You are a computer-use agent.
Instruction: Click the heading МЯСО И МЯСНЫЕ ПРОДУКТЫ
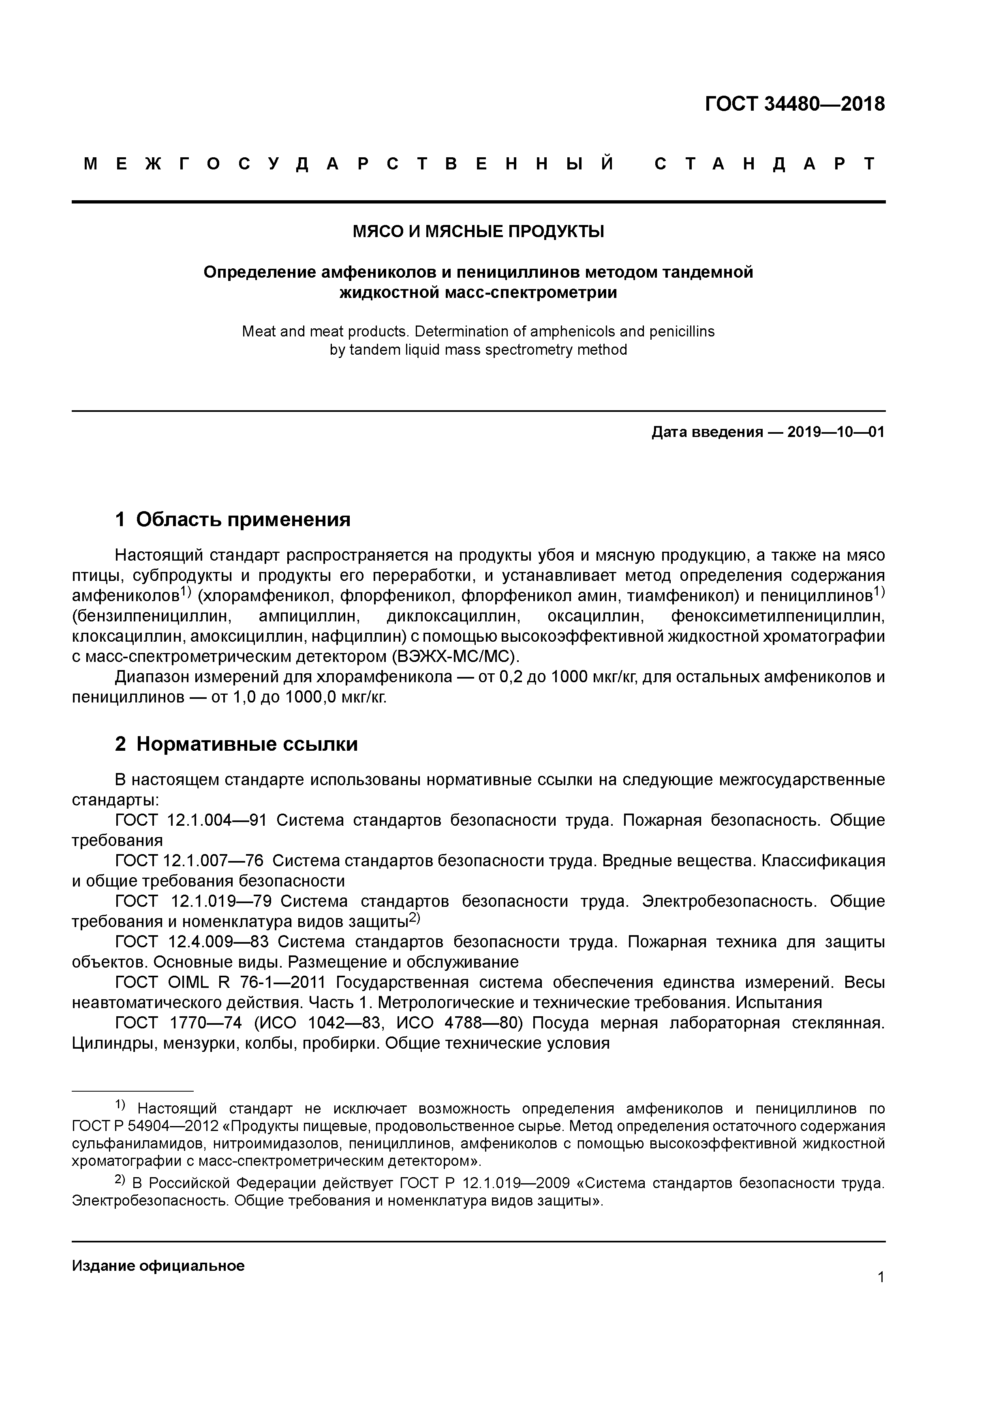coord(478,231)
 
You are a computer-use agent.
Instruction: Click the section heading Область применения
coord(243,519)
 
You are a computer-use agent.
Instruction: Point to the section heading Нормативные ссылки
coord(246,744)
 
